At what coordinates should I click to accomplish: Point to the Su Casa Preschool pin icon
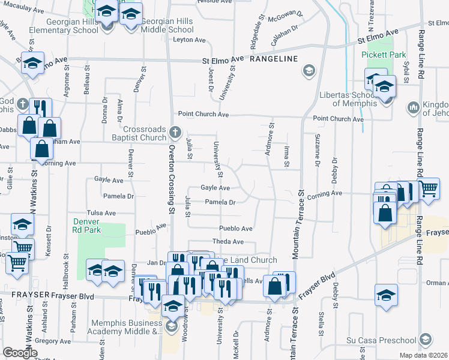click(x=426, y=340)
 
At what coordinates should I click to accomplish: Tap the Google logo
click(x=20, y=353)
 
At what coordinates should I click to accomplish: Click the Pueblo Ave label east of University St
click(x=235, y=229)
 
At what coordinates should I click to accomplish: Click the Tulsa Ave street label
click(x=101, y=213)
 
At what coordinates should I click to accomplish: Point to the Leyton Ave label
click(x=189, y=40)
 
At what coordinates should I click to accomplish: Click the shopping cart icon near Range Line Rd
click(x=427, y=188)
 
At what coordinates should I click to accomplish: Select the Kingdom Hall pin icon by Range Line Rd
click(x=413, y=107)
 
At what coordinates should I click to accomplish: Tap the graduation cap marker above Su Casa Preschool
click(x=386, y=295)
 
